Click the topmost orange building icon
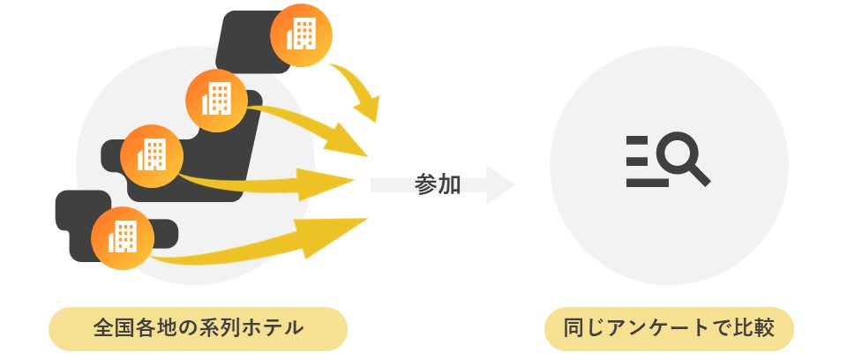pos(303,35)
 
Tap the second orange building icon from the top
pos(216,99)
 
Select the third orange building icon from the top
pos(152,155)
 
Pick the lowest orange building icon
pos(122,236)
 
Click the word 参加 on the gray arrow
pos(438,185)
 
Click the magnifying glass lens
pos(678,155)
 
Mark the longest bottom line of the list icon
pos(647,184)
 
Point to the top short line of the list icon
pos(635,140)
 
